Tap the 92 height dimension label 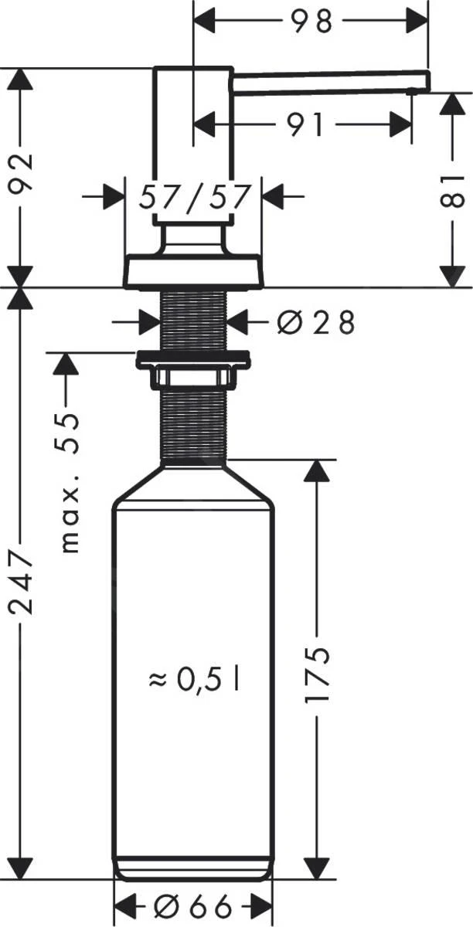pos(22,171)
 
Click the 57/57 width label pos(195,198)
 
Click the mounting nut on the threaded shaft pos(192,362)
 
